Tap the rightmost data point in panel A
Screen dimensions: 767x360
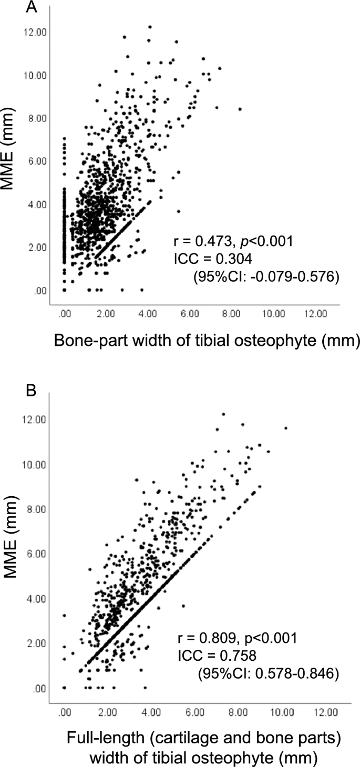pyautogui.click(x=240, y=109)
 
